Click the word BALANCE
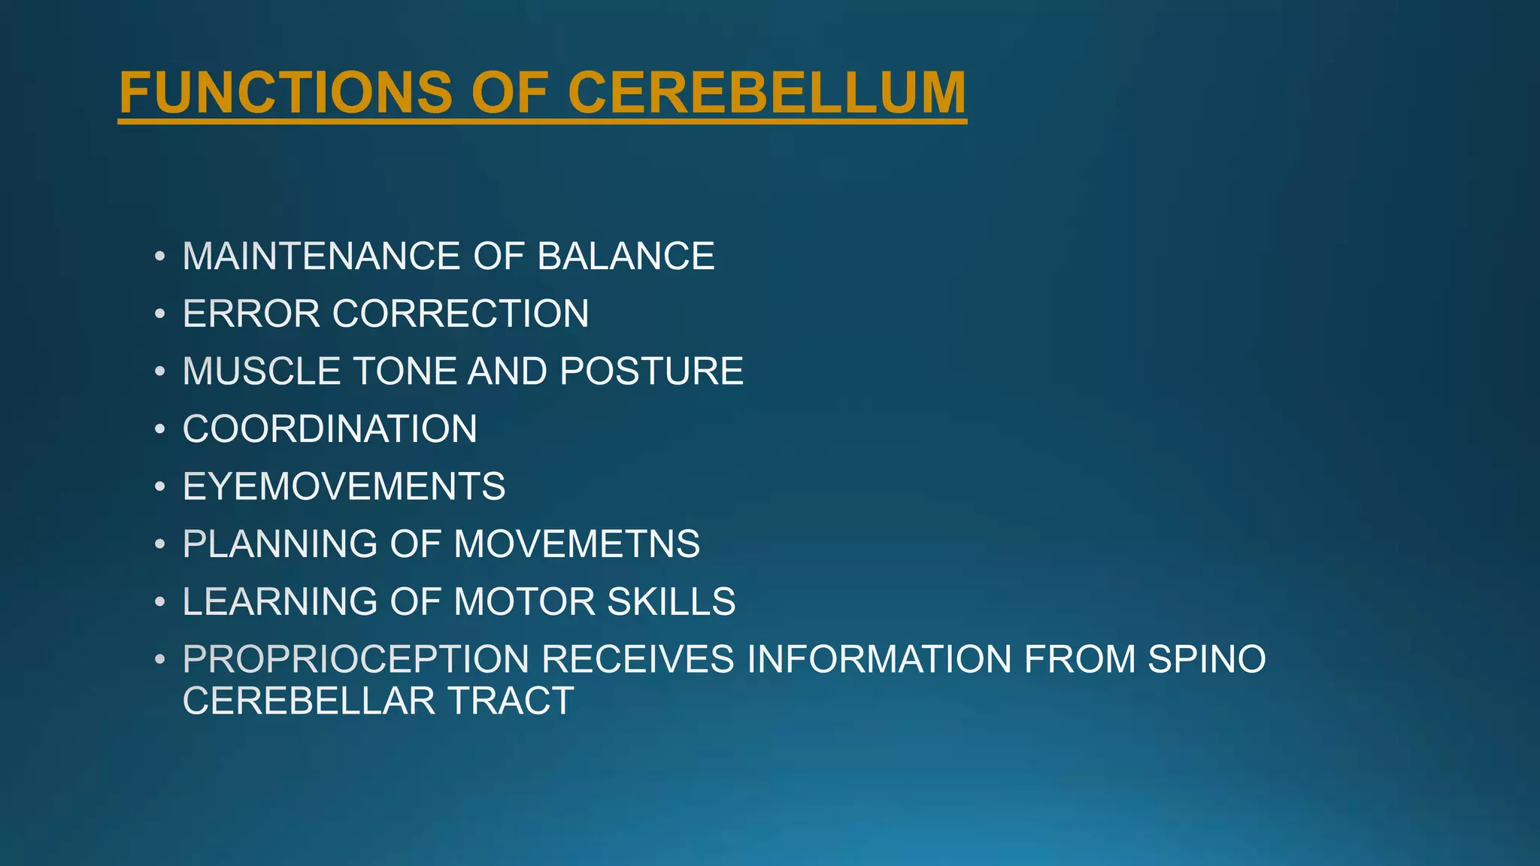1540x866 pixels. pyautogui.click(x=626, y=256)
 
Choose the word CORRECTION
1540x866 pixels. pyautogui.click(x=460, y=313)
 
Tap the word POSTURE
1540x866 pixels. pyautogui.click(x=651, y=371)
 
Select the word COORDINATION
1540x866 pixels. pyautogui.click(x=329, y=429)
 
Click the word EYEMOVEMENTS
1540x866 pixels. pyautogui.click(x=344, y=486)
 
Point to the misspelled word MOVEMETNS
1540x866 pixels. pyautogui.click(x=577, y=544)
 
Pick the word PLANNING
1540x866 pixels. pyautogui.click(x=280, y=544)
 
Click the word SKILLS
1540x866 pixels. pyautogui.click(x=671, y=601)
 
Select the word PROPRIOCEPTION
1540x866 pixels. pyautogui.click(x=356, y=659)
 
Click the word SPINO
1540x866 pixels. pyautogui.click(x=1207, y=659)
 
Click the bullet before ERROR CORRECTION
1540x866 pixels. pyautogui.click(x=159, y=313)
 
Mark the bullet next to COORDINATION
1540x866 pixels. pyautogui.click(x=159, y=429)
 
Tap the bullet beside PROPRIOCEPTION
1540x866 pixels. pyautogui.click(x=159, y=659)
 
